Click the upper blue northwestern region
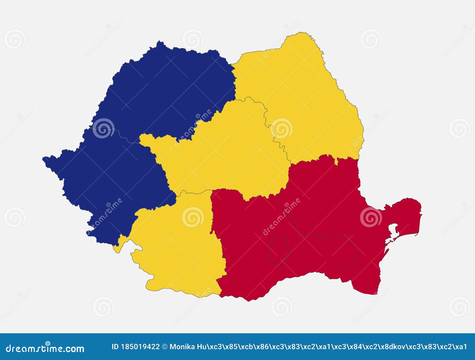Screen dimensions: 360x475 tap(166, 89)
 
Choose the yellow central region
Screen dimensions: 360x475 tap(226, 154)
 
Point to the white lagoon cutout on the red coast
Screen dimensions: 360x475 tap(394, 230)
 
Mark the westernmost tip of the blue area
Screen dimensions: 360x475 tap(43, 159)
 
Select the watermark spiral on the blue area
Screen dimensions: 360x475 tap(103, 128)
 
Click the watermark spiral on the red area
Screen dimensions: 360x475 tap(371, 217)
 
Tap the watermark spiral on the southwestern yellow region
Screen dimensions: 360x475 tap(193, 217)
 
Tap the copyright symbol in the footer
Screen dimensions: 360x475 tap(165, 347)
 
